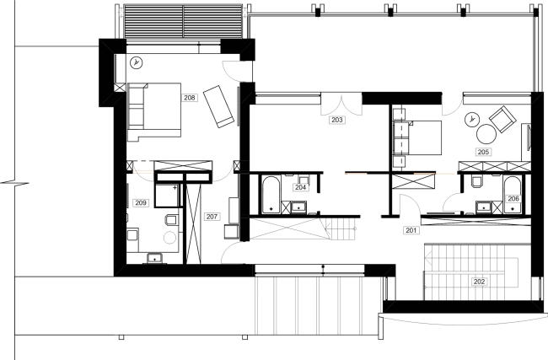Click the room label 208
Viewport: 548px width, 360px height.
coord(190,98)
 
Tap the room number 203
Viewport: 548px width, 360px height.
coord(337,121)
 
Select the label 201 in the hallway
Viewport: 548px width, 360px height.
coord(411,229)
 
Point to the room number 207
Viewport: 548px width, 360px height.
coord(212,217)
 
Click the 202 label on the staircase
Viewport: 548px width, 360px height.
coord(479,281)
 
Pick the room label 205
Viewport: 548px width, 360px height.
coord(483,153)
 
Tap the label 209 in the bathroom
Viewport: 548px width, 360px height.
coord(141,202)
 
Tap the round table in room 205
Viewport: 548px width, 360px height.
coord(487,133)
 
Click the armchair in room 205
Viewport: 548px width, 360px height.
coord(504,119)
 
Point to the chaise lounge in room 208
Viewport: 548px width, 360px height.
coord(221,106)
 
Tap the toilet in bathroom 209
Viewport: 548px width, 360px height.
coord(171,222)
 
